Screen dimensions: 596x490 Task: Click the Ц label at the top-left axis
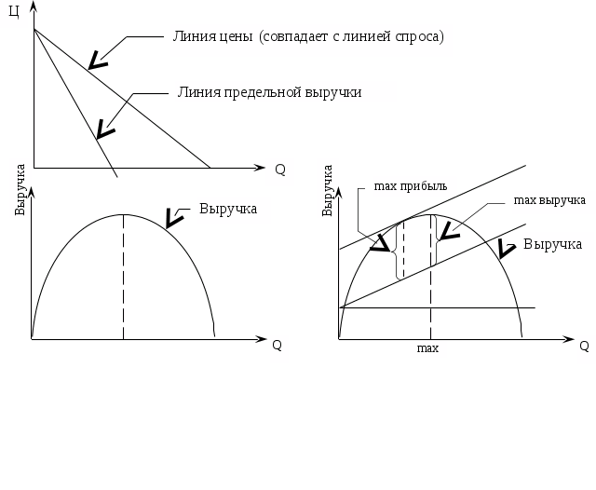pos(13,12)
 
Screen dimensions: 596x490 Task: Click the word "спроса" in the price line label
pos(417,38)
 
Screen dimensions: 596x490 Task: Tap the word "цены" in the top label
pos(235,38)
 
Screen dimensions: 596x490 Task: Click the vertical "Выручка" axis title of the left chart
pos(20,189)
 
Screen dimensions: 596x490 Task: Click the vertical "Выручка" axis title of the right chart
pos(328,190)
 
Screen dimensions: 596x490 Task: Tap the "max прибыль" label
pos(411,185)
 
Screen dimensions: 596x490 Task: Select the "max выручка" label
pos(549,200)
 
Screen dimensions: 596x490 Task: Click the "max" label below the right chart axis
pos(428,348)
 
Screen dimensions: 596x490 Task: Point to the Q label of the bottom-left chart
pos(277,345)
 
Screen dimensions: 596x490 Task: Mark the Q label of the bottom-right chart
pos(584,346)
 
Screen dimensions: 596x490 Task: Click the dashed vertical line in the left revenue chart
pos(124,279)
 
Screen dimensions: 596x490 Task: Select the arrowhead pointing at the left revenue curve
pos(171,220)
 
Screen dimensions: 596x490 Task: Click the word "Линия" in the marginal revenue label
pos(196,91)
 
